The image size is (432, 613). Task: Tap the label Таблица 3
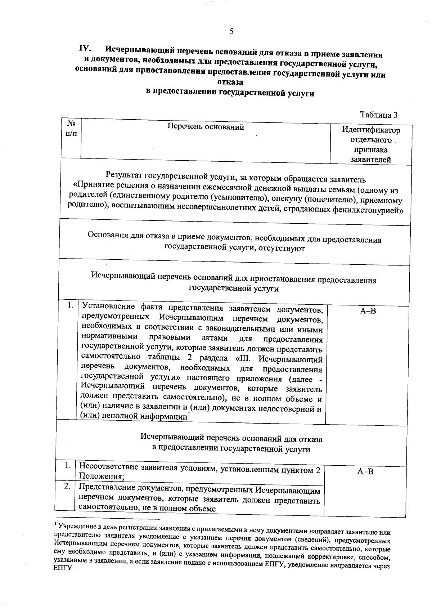click(x=379, y=115)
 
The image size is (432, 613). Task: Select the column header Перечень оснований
click(x=206, y=127)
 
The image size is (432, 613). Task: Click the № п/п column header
click(x=71, y=128)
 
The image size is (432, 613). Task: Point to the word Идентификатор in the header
click(x=371, y=130)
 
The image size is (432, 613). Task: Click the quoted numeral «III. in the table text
click(x=244, y=359)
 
